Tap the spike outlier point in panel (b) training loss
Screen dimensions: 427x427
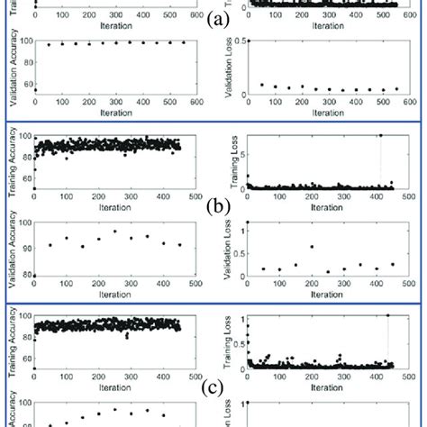click(x=380, y=135)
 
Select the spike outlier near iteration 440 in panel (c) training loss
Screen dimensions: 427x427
click(x=387, y=315)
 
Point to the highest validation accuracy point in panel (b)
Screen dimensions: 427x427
click(x=114, y=232)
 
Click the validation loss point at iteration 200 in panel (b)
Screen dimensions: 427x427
click(x=312, y=247)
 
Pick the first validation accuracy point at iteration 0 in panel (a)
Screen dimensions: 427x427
click(x=34, y=90)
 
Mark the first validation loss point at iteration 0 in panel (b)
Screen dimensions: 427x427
click(x=248, y=222)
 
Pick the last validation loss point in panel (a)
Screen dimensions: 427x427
click(x=395, y=89)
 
